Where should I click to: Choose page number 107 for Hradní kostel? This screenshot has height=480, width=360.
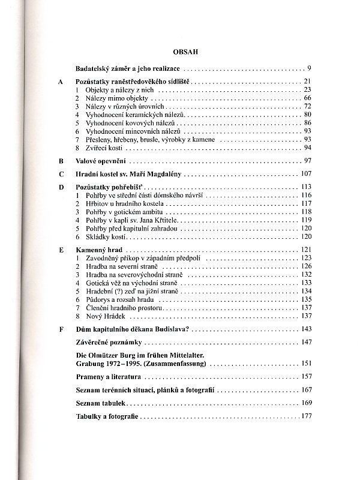(x=305, y=174)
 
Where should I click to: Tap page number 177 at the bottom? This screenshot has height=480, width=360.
(x=305, y=416)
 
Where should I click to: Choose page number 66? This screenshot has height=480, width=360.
(x=307, y=97)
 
